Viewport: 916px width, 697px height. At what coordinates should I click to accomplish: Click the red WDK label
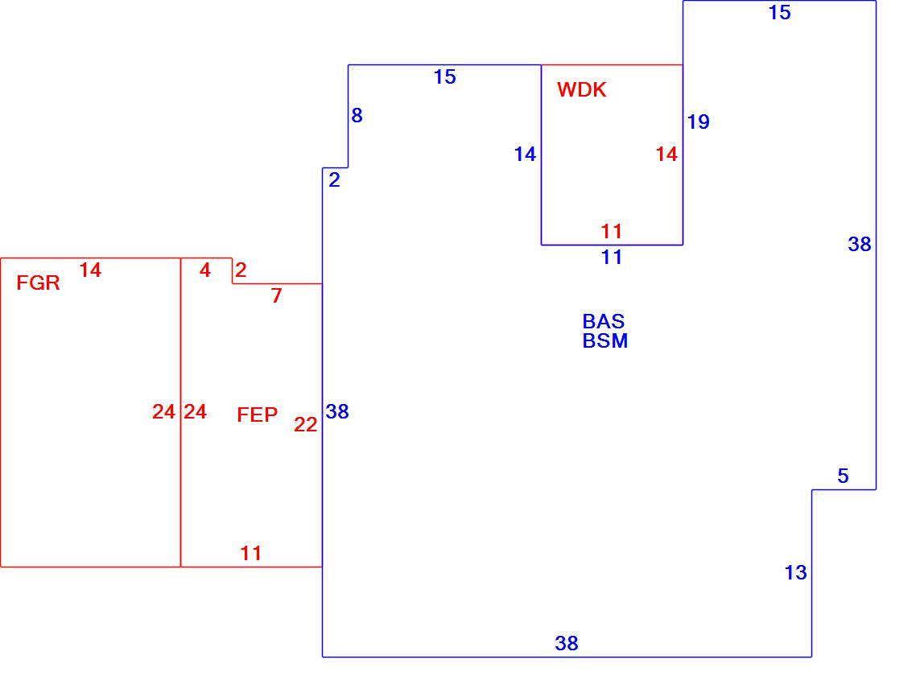click(x=581, y=89)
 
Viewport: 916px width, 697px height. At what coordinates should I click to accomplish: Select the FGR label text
click(x=38, y=283)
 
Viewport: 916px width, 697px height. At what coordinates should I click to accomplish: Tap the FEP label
click(x=257, y=414)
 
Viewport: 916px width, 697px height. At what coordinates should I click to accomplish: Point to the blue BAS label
click(x=604, y=321)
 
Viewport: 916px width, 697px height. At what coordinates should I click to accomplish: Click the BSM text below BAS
click(x=605, y=340)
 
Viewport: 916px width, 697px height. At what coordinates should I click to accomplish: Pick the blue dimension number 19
click(x=698, y=122)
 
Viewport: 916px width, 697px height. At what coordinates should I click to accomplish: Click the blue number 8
click(x=357, y=116)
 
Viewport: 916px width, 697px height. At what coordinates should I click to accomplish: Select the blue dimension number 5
click(x=843, y=476)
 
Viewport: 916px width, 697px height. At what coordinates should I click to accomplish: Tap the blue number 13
click(x=795, y=572)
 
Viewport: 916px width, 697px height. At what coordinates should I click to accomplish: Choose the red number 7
click(x=276, y=295)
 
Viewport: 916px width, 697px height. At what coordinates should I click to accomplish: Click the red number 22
click(x=306, y=425)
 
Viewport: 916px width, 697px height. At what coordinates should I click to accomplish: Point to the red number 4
click(x=204, y=270)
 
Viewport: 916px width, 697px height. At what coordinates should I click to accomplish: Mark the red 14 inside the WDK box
click(x=666, y=155)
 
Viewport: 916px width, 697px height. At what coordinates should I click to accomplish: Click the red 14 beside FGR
click(x=90, y=270)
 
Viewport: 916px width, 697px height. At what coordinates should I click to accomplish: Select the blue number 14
click(x=525, y=155)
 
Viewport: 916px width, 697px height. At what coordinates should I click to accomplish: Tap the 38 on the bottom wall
click(x=567, y=643)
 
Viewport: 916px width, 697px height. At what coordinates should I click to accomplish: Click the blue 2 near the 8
click(x=334, y=180)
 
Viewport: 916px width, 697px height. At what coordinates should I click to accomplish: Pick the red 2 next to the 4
click(x=241, y=270)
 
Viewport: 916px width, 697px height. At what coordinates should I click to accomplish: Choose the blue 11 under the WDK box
click(x=612, y=257)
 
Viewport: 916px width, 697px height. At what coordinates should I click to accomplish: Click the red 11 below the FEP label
click(x=251, y=553)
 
